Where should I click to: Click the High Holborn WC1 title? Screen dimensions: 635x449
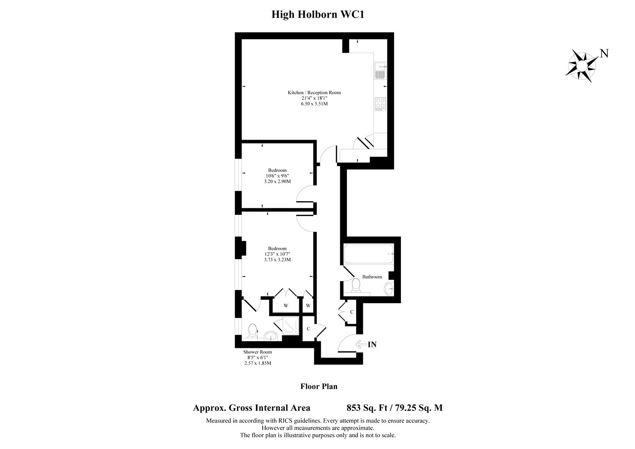(318, 15)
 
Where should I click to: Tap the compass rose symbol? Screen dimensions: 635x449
(582, 66)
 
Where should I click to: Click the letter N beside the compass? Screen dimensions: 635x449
(604, 54)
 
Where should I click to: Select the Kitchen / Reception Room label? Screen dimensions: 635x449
(314, 93)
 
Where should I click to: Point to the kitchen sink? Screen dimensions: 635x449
(380, 70)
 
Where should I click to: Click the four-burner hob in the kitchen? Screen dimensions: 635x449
(380, 104)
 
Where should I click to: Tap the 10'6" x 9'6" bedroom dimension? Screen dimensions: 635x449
(277, 176)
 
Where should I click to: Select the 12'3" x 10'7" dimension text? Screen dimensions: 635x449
(277, 254)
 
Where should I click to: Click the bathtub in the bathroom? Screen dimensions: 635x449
(369, 254)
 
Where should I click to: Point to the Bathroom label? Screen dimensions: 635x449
(372, 277)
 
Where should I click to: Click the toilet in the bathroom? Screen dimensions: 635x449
(356, 285)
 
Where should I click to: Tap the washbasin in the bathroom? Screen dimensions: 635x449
(389, 288)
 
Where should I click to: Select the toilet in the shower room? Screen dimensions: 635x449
(252, 331)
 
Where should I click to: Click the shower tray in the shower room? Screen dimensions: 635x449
(291, 326)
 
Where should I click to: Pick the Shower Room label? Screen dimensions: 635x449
(258, 352)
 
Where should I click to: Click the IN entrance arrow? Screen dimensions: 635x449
(361, 345)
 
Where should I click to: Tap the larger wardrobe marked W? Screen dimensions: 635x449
(286, 305)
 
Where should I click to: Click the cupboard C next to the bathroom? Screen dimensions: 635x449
(352, 312)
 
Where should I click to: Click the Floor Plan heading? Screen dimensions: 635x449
(319, 386)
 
